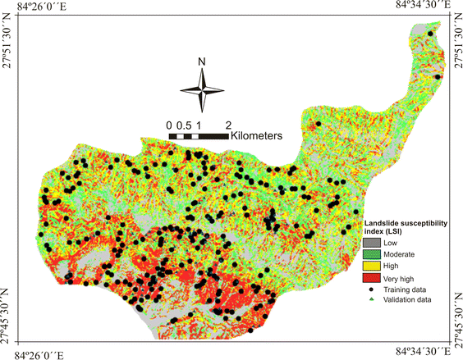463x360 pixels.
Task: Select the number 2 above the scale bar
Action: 228,125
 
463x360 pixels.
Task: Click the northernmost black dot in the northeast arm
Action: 431,34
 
